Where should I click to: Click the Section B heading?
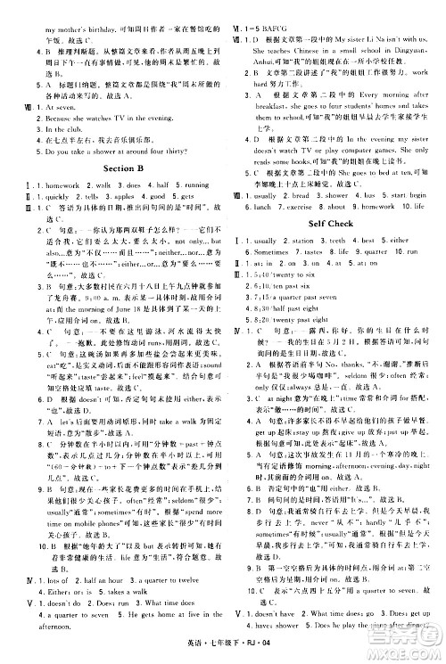click(x=125, y=168)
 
